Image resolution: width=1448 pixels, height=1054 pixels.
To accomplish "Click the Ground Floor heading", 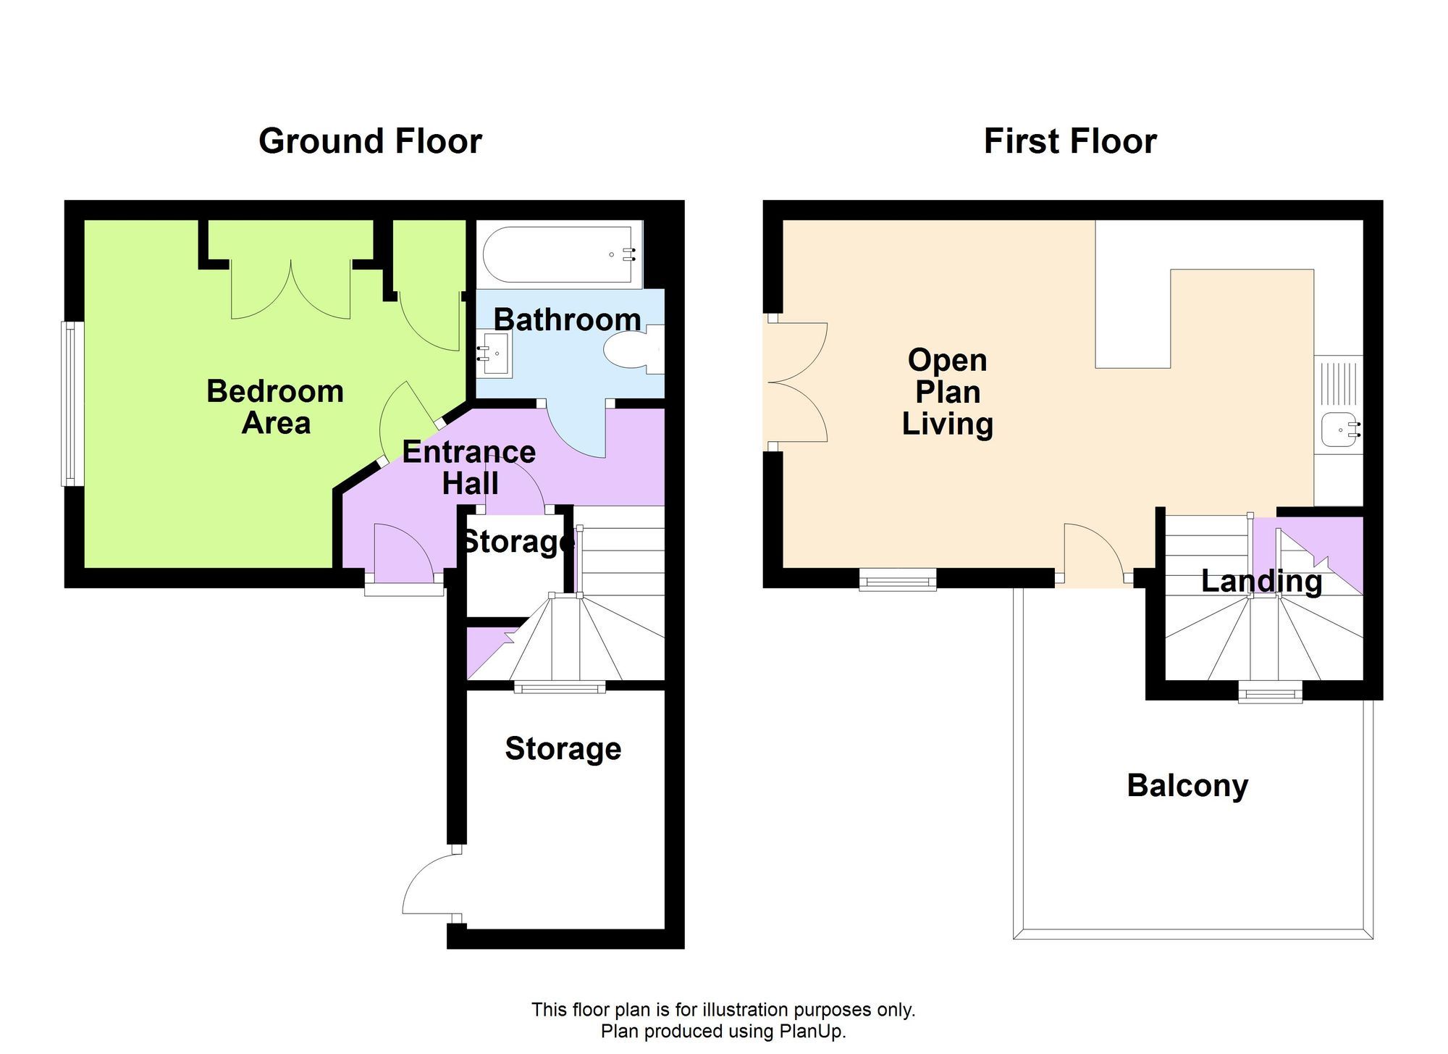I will pos(370,141).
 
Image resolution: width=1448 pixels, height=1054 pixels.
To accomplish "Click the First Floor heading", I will pos(1069,141).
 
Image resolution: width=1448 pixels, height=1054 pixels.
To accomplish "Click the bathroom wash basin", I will pos(494,354).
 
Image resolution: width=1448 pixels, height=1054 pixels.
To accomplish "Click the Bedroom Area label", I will pos(275,406).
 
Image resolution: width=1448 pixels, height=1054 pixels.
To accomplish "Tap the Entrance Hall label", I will pos(469,467).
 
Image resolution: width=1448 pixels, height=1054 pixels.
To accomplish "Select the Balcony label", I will pos(1187,785).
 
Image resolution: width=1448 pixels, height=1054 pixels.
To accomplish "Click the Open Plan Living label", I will pos(947,392).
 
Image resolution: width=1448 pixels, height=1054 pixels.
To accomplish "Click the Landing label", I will pos(1261,581).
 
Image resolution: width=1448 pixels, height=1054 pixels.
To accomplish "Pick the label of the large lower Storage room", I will pos(563,748).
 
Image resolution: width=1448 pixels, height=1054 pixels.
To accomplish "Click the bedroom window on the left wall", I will pos(70,403).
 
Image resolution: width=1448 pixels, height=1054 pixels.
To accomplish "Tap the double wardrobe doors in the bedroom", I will pos(290,290).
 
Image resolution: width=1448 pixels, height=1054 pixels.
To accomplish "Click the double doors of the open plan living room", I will pos(796,382).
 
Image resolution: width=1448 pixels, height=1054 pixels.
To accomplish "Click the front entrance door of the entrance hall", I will pos(403,553).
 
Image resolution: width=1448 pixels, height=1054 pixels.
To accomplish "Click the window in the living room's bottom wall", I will pos(897,579).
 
